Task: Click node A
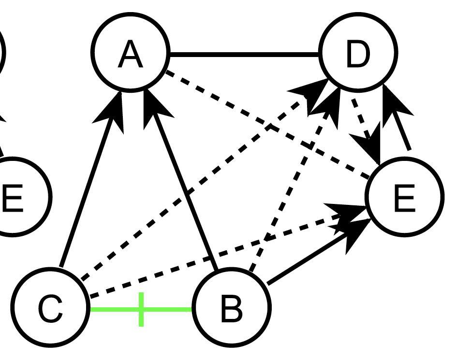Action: click(131, 52)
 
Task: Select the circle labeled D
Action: click(358, 52)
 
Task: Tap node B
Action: click(231, 306)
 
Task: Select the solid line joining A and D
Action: click(244, 54)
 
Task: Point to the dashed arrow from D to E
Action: click(363, 121)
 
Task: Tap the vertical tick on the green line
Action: click(141, 309)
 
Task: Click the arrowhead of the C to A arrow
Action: click(114, 109)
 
